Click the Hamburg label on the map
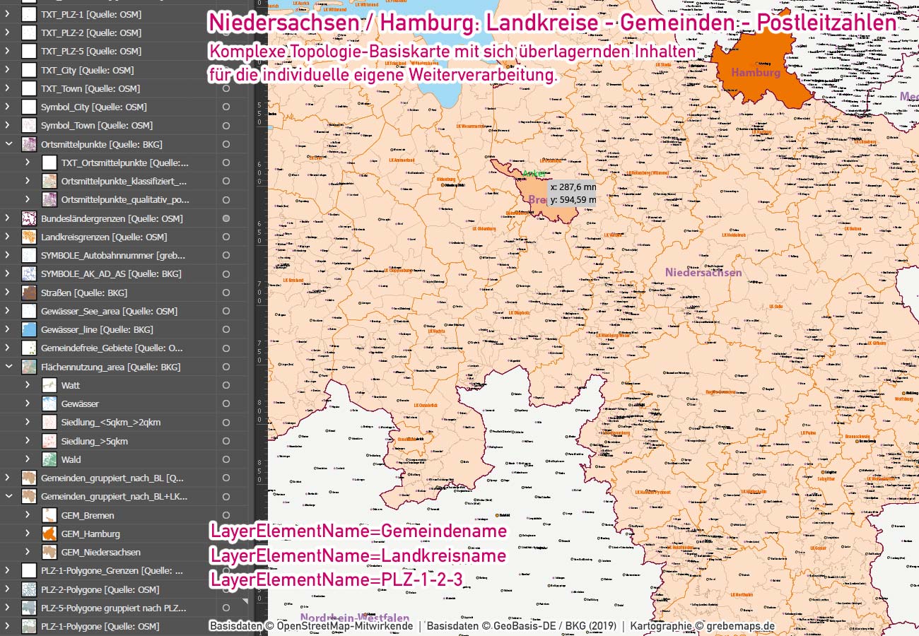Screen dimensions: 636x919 point(755,72)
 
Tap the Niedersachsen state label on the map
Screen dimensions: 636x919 point(703,272)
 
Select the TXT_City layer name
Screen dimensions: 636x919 point(87,70)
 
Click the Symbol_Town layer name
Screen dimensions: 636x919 point(96,125)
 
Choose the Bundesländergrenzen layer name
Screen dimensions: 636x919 point(112,218)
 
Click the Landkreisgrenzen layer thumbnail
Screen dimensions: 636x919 point(29,237)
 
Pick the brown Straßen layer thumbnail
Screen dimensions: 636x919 point(29,293)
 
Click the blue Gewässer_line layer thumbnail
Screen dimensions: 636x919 point(29,329)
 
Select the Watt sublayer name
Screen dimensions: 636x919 point(71,385)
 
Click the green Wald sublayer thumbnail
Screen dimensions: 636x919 point(49,459)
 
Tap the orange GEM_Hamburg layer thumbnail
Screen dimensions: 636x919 point(49,534)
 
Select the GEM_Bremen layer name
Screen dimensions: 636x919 point(88,515)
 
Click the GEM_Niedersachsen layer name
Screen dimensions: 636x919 point(100,552)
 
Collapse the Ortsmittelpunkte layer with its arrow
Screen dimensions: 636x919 point(8,144)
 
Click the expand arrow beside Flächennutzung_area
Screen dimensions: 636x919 point(8,367)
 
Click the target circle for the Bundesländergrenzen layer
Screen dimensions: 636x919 point(226,218)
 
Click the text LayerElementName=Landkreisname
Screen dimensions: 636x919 point(358,555)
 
